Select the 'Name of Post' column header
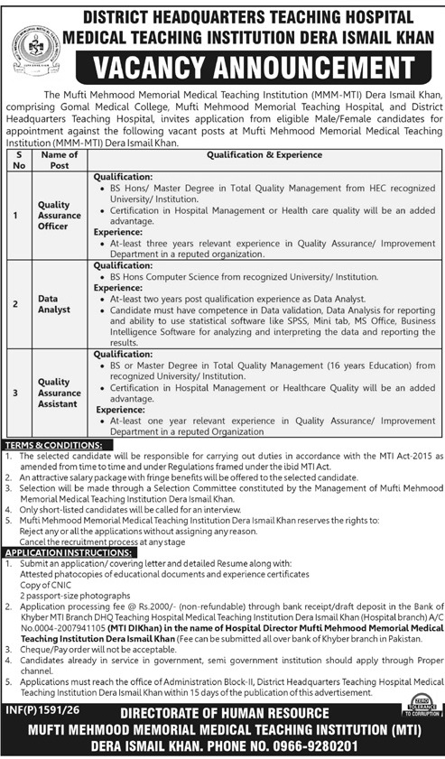60,161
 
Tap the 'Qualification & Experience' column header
264,155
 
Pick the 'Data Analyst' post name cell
55,305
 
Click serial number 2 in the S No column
15,305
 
